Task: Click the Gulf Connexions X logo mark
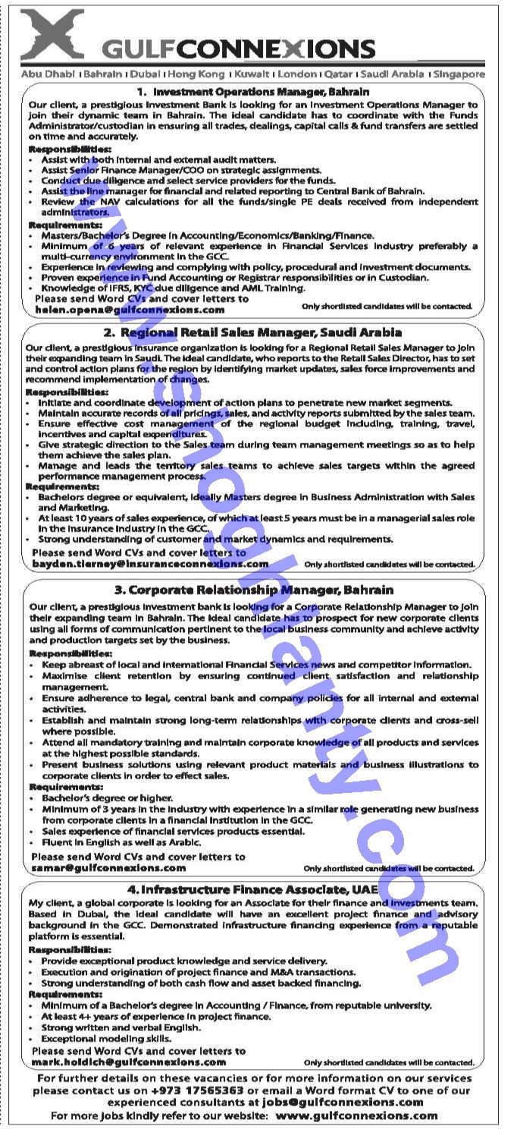[53, 34]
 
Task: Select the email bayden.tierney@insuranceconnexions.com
[150, 564]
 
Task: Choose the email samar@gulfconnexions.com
[108, 867]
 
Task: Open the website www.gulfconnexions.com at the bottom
[356, 1115]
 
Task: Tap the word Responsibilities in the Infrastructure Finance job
[70, 949]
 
